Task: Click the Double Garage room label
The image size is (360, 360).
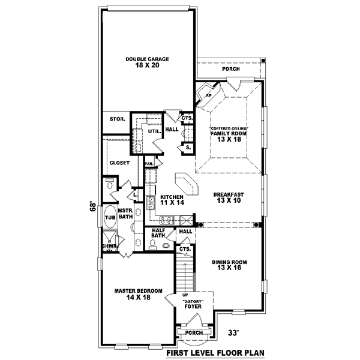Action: (147, 59)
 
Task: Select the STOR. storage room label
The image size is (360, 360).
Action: (116, 119)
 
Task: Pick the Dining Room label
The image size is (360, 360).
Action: (229, 262)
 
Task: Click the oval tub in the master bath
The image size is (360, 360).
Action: (110, 218)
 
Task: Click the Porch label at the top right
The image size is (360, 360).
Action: (230, 70)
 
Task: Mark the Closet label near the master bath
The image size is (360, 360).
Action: (119, 163)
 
